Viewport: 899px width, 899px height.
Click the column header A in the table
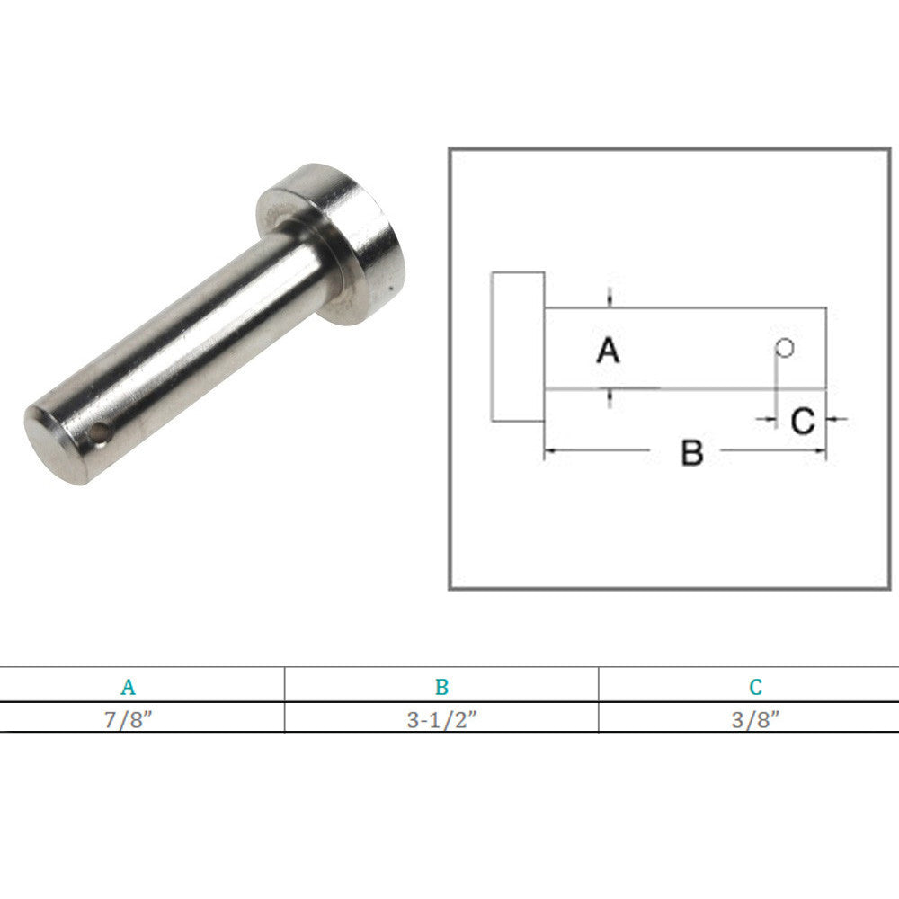129,688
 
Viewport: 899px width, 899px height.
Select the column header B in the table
441,688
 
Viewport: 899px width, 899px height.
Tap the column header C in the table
755,688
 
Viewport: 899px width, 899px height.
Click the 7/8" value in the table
129,719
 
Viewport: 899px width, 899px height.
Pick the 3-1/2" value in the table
441,719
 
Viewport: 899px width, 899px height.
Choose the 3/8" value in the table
755,719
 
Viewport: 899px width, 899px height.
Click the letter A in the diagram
609,351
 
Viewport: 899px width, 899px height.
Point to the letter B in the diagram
691,452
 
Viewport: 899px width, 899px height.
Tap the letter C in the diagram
802,420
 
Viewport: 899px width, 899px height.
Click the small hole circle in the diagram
784,347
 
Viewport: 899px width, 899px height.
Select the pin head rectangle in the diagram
517,346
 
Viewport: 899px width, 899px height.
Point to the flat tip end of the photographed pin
49,449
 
